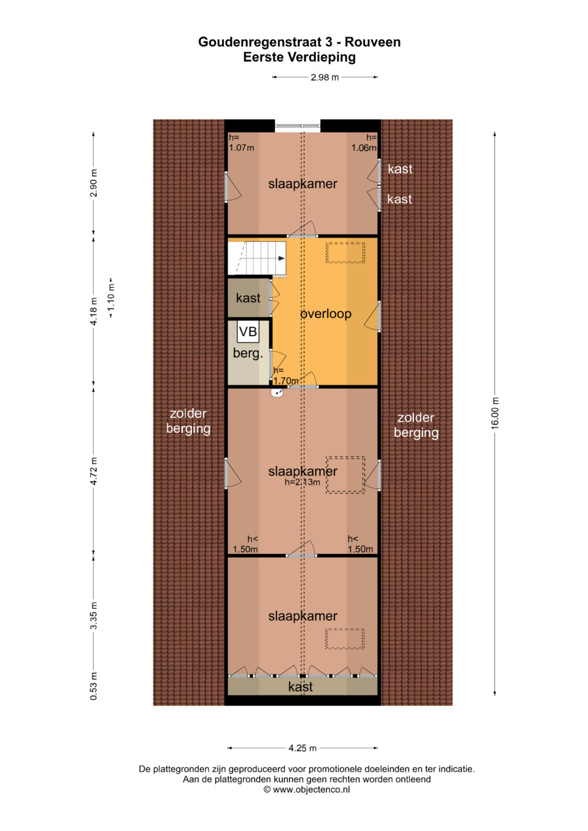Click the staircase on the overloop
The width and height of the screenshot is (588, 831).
click(x=256, y=258)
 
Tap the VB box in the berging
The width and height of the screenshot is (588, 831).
click(x=248, y=331)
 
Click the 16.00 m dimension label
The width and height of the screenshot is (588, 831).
click(x=495, y=413)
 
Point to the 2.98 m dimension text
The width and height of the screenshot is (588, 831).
click(x=325, y=77)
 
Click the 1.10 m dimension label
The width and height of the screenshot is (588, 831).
click(x=111, y=298)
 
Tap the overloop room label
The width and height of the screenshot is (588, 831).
click(x=326, y=314)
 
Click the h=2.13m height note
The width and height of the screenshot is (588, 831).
click(x=302, y=482)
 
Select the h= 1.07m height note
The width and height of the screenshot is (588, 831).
click(x=241, y=143)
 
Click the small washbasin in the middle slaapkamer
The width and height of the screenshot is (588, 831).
click(x=277, y=392)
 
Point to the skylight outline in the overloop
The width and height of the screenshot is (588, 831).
click(x=345, y=253)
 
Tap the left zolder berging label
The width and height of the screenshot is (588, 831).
click(x=188, y=421)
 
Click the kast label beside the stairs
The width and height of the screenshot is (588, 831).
click(x=248, y=298)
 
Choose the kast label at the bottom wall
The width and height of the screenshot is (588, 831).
click(x=301, y=687)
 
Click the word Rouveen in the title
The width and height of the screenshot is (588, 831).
click(x=372, y=42)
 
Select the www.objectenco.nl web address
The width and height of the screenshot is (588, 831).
click(x=311, y=790)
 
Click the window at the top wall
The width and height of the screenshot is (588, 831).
click(x=297, y=126)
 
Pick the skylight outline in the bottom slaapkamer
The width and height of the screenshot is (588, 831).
click(x=345, y=639)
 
